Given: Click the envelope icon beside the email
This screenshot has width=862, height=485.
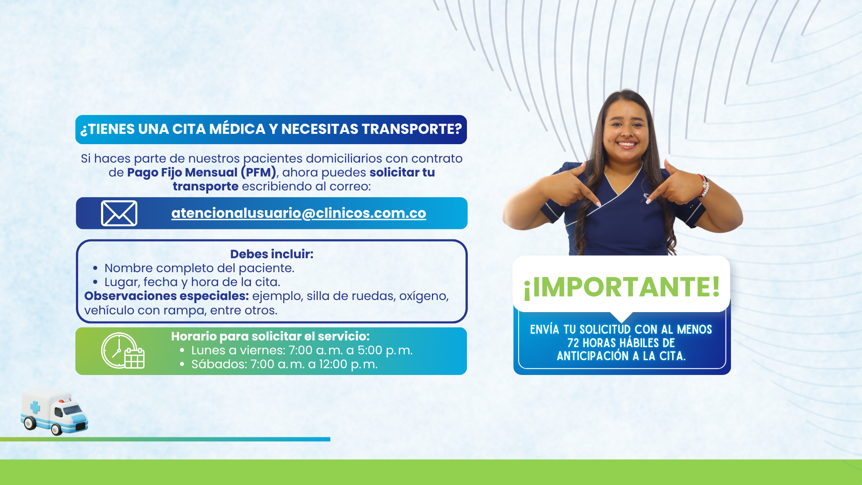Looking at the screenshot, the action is pyautogui.click(x=119, y=213).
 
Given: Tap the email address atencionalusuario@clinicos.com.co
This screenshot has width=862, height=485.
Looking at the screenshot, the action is pyautogui.click(x=299, y=213).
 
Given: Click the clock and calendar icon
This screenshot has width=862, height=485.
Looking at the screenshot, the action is pyautogui.click(x=123, y=351).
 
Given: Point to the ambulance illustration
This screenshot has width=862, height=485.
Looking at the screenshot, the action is pyautogui.click(x=54, y=411).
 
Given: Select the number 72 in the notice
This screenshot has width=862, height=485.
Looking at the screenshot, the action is pyautogui.click(x=573, y=343).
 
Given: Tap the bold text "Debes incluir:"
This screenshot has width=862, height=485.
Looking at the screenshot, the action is pyautogui.click(x=272, y=254).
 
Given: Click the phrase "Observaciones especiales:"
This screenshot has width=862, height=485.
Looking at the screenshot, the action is pyautogui.click(x=167, y=296).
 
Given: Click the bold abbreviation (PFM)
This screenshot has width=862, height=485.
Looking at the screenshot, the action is pyautogui.click(x=259, y=172).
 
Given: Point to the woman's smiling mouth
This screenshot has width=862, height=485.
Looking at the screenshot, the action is pyautogui.click(x=627, y=145).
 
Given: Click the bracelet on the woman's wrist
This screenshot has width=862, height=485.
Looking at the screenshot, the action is pyautogui.click(x=704, y=185).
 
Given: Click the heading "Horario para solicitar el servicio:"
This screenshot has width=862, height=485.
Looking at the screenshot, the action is pyautogui.click(x=270, y=336).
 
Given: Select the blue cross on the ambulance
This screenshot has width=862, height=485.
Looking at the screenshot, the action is pyautogui.click(x=35, y=407).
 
